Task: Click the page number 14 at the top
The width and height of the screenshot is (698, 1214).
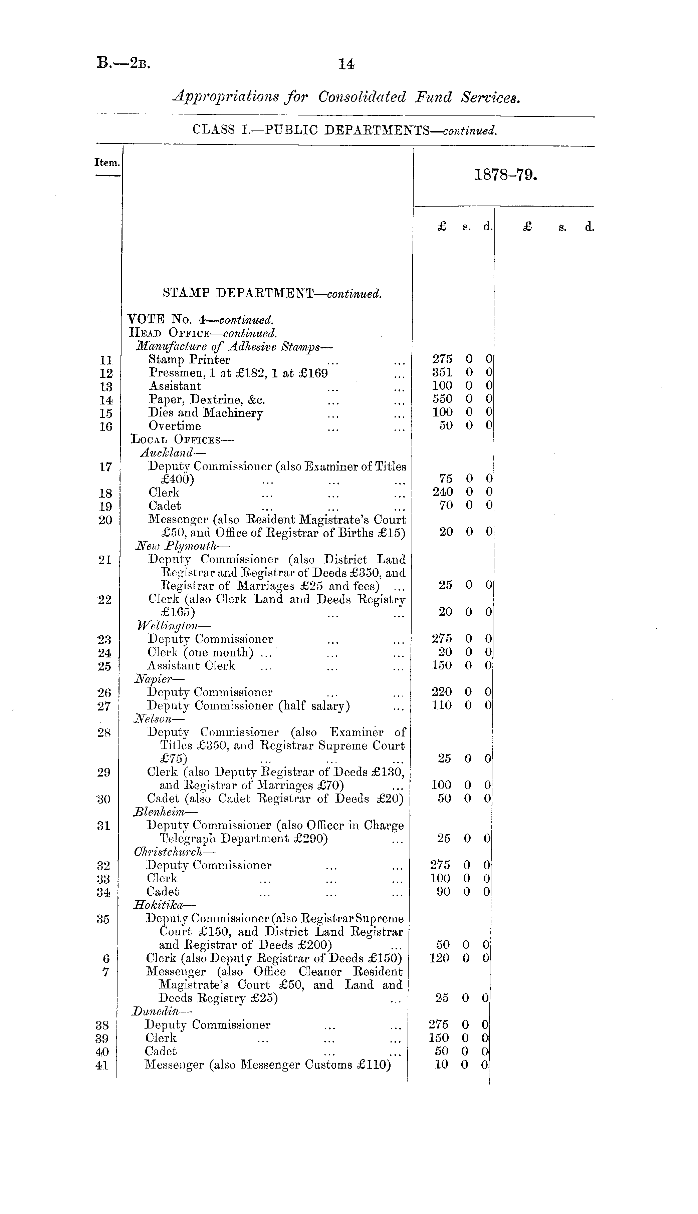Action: click(x=346, y=64)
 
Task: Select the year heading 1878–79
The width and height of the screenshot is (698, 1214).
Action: click(x=505, y=175)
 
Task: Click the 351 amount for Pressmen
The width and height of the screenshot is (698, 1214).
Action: click(x=442, y=372)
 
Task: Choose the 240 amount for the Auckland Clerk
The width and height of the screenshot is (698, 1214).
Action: click(x=442, y=492)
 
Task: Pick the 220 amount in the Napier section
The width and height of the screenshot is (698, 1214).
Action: click(x=442, y=692)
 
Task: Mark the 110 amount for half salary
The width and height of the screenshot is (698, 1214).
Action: click(x=442, y=705)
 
